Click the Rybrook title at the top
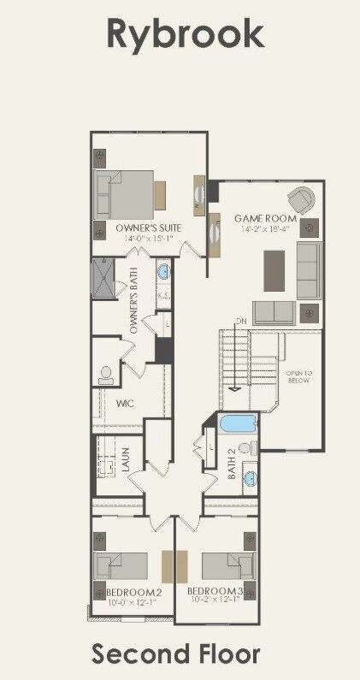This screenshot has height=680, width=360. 184,35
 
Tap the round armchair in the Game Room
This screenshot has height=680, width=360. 300,200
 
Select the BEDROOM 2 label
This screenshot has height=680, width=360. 133,593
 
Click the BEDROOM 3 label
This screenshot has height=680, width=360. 215,593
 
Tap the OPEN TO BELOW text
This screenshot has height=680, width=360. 298,377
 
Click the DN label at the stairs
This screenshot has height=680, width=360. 242,321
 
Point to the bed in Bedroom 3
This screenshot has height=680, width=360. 227,567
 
